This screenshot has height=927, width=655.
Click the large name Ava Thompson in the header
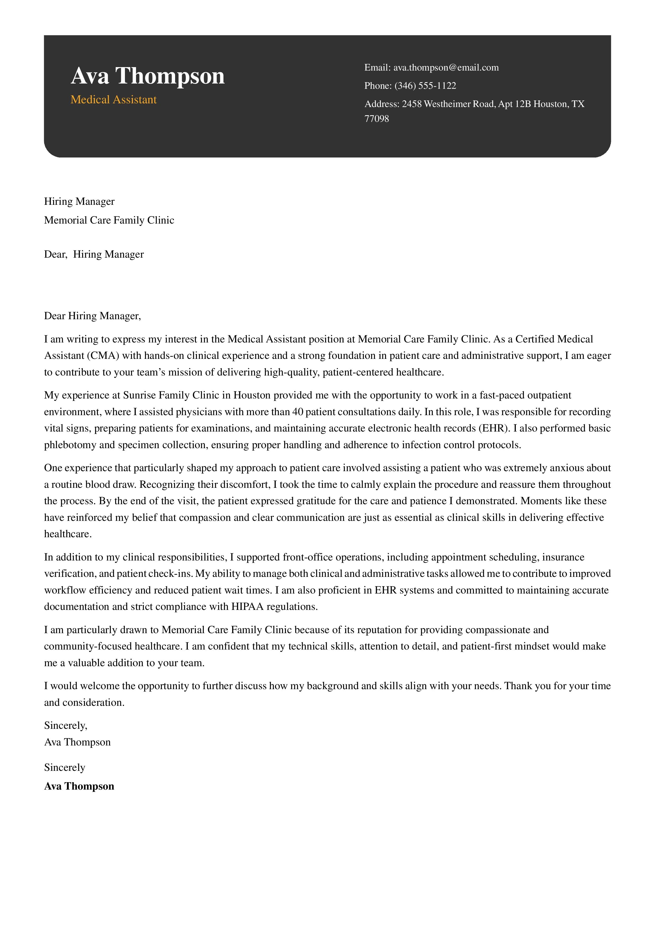click(147, 76)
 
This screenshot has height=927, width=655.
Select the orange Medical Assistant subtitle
click(113, 100)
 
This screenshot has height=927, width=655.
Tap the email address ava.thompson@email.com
click(446, 67)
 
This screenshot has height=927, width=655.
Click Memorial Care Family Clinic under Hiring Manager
click(109, 220)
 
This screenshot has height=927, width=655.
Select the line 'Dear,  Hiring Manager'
click(94, 254)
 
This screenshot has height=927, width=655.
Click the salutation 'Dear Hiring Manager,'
click(92, 316)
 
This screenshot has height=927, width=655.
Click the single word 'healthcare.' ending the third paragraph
click(68, 534)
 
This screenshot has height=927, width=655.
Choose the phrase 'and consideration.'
click(84, 703)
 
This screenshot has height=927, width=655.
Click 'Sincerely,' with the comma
click(66, 726)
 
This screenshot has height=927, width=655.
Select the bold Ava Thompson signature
click(79, 786)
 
